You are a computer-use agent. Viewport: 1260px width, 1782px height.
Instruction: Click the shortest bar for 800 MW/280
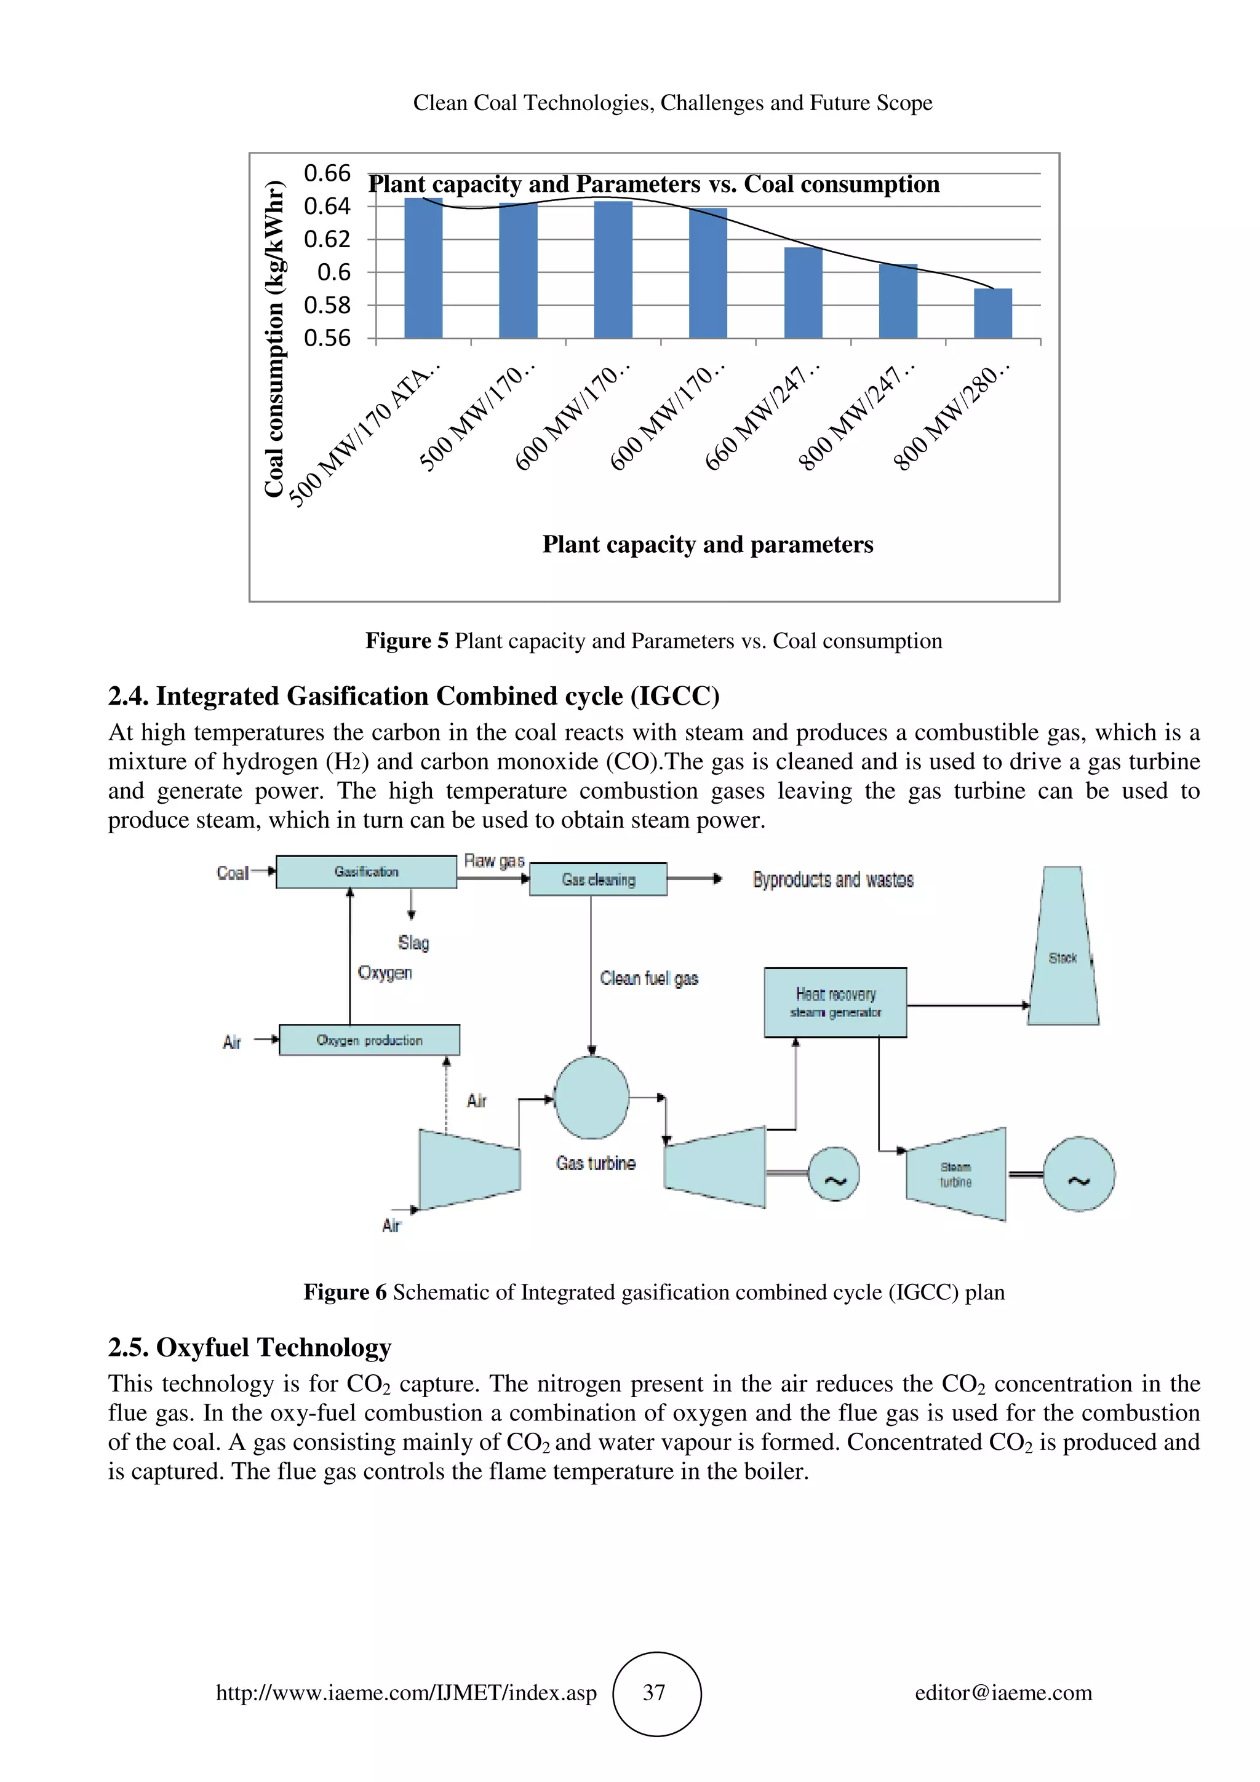tap(992, 314)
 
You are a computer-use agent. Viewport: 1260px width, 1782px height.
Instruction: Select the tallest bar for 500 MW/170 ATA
tap(423, 269)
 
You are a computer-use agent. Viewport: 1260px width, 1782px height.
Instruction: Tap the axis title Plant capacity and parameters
tap(708, 544)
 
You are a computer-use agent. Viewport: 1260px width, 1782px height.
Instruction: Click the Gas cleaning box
tap(598, 879)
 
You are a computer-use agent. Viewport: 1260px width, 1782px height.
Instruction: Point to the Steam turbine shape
tap(957, 1174)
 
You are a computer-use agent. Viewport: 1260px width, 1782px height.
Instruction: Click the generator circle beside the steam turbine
tap(1079, 1174)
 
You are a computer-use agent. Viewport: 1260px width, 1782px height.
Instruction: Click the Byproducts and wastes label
tap(832, 879)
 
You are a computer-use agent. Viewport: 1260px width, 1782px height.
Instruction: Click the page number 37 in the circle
tap(655, 1693)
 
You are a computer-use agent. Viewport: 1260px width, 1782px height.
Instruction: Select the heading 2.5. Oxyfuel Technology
tap(249, 1347)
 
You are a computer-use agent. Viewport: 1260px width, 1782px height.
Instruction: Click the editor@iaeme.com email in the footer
tap(1003, 1693)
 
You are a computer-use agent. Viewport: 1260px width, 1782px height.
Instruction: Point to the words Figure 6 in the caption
tap(344, 1293)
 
